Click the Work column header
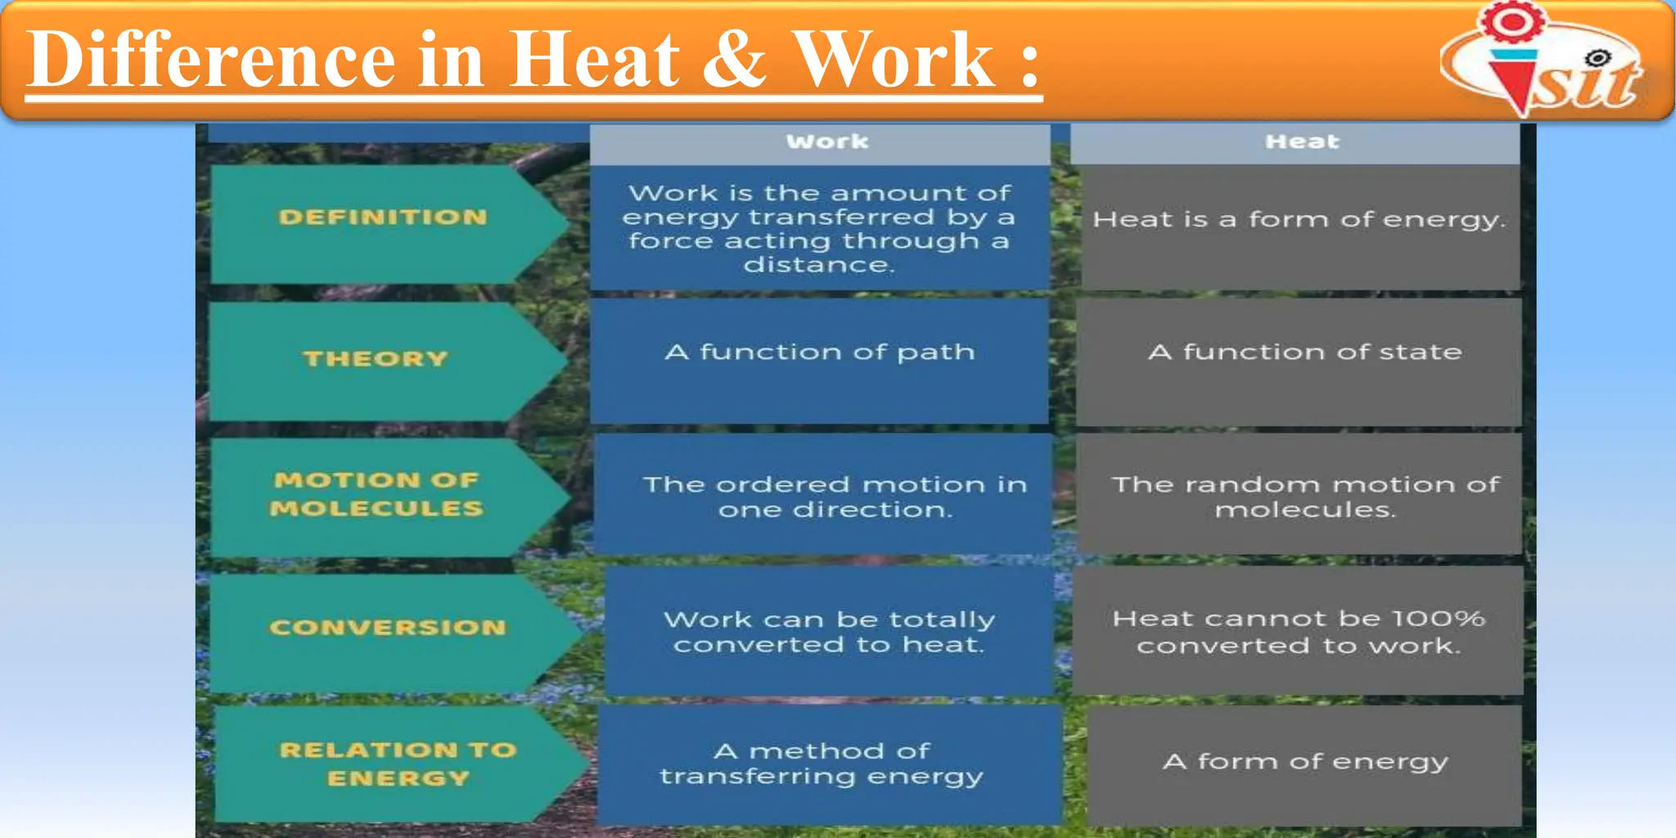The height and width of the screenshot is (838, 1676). (827, 142)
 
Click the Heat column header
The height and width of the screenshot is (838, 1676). (1301, 142)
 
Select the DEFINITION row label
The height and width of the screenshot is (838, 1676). (382, 218)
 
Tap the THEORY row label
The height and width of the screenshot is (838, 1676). (376, 358)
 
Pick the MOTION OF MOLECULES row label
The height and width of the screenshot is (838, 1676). (376, 493)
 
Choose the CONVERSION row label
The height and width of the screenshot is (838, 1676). (387, 628)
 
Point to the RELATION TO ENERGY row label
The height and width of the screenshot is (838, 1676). (398, 764)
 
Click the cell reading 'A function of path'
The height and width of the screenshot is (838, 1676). (819, 353)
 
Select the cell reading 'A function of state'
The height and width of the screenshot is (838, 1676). (1304, 353)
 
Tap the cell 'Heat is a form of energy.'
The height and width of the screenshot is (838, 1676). (1299, 219)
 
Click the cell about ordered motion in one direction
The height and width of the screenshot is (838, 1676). (834, 497)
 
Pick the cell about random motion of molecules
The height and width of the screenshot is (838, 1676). (1304, 497)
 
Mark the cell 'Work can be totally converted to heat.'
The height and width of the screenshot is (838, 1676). (829, 632)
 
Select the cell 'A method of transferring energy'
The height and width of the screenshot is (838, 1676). (822, 764)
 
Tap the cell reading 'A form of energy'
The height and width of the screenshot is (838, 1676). (1304, 762)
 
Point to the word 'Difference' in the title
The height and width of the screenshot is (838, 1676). (211, 59)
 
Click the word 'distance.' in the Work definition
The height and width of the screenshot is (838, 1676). (818, 265)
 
